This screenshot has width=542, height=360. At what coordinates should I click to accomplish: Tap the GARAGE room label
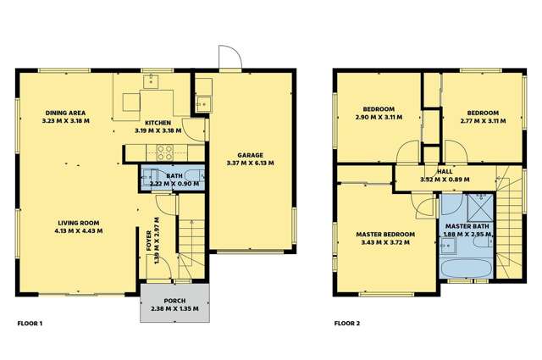pos(250,156)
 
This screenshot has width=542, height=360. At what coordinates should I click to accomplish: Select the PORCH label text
pos(174,300)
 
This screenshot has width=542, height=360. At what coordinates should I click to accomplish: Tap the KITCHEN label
pos(158,122)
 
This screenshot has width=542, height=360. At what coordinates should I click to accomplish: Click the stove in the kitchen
pos(164,152)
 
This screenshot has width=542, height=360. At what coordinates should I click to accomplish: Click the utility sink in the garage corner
pos(202,103)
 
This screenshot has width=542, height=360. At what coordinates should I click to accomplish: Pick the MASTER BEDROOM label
pos(385,234)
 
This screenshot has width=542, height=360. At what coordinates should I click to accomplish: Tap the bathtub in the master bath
pos(465,267)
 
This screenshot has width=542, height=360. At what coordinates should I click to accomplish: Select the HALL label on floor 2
pos(432,171)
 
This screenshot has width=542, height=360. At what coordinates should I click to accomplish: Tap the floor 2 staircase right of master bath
pos(511,224)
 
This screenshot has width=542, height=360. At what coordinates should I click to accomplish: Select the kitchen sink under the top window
pos(154,82)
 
